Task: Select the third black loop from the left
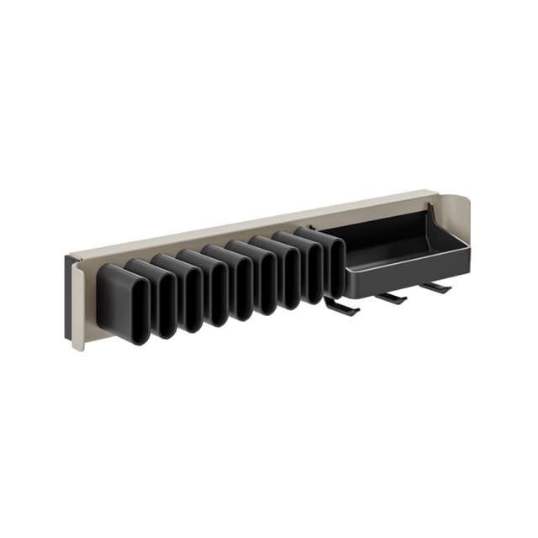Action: click(178, 290)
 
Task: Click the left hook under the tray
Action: click(342, 309)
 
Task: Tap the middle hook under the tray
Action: click(391, 298)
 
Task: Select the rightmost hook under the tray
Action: click(435, 287)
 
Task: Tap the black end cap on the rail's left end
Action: click(67, 298)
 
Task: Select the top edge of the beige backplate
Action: click(252, 221)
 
